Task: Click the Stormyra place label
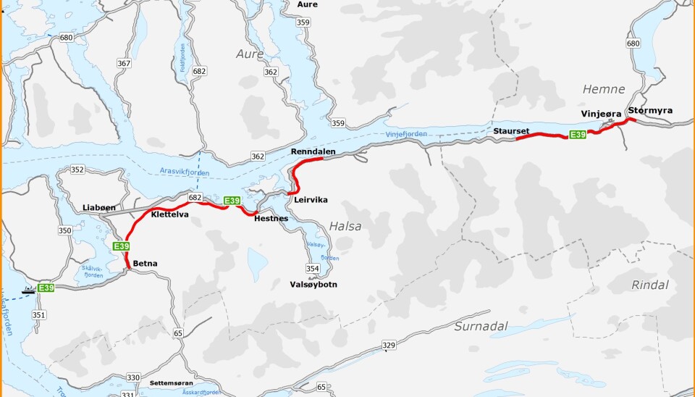coord(650,111)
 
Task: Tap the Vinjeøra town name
coord(601,114)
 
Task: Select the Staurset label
coord(512,130)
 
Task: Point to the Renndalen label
coord(313,151)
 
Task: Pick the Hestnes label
coord(271,218)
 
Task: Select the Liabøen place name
coord(99,207)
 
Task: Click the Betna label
coord(145,264)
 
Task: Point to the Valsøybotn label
coord(313,285)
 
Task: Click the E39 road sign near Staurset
coord(577,135)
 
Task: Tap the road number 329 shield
coord(389,345)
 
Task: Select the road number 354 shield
coord(312,269)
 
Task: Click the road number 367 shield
coord(124,64)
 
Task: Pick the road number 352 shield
coord(77,170)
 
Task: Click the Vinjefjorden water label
coord(406,134)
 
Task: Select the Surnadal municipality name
coord(481,326)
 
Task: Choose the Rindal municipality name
coord(649,285)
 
